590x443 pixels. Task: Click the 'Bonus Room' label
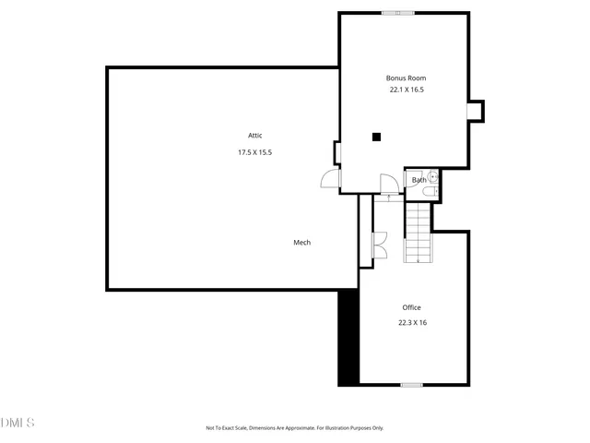[x=406, y=78]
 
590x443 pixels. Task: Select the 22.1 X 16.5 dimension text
[x=406, y=90]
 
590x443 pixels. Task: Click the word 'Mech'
[x=301, y=243]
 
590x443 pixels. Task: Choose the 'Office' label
[x=411, y=307]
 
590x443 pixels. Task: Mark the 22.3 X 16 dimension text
[x=411, y=323]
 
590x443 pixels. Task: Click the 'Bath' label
[x=419, y=180]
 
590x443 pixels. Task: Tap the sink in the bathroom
[x=433, y=176]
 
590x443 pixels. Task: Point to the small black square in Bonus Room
[x=376, y=138]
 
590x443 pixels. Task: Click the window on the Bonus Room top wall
[x=398, y=13]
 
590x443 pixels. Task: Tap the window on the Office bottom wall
[x=411, y=384]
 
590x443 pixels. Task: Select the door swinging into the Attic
[x=330, y=179]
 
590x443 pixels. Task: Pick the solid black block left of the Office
[x=348, y=337]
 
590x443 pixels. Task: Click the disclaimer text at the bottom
[x=294, y=428]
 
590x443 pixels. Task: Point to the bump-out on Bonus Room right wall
[x=476, y=111]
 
